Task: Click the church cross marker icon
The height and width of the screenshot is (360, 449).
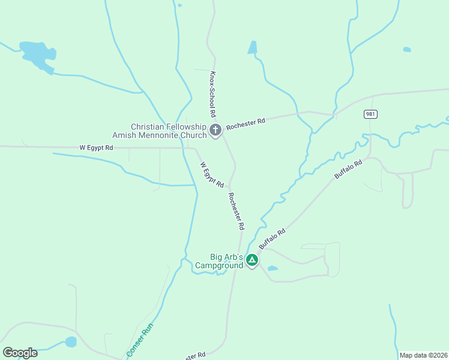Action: (x=215, y=129)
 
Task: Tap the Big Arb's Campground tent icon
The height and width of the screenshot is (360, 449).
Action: (x=252, y=260)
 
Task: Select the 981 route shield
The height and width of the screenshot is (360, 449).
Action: (x=370, y=114)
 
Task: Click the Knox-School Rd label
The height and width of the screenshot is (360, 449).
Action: (x=212, y=94)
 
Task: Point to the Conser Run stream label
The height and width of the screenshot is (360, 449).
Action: (x=140, y=341)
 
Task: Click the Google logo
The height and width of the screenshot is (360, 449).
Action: (x=20, y=352)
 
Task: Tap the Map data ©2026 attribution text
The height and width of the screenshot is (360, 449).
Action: (x=423, y=355)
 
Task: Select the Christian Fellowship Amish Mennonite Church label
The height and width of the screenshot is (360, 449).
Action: (x=168, y=131)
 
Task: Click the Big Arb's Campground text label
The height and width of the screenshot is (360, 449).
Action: (x=218, y=261)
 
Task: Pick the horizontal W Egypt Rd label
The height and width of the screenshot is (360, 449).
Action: (x=96, y=147)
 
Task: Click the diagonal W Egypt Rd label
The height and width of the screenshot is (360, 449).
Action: (x=212, y=174)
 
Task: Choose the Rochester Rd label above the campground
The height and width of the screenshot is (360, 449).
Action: (x=236, y=211)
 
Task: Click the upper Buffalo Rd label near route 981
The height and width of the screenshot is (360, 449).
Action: (x=349, y=169)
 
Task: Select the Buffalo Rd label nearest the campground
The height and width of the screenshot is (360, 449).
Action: (x=272, y=238)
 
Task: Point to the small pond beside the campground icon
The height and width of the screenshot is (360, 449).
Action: (x=273, y=268)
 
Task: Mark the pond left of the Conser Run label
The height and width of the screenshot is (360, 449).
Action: (x=71, y=342)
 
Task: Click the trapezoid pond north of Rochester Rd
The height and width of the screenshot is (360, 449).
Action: (x=253, y=47)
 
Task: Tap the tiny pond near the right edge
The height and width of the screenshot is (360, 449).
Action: (x=407, y=49)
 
